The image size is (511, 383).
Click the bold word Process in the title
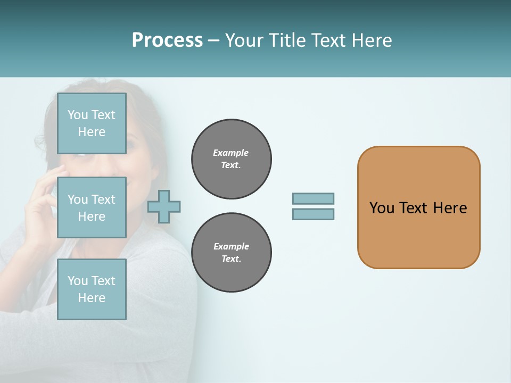click(167, 40)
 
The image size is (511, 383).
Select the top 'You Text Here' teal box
click(92, 123)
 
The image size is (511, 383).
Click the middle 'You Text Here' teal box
click(92, 207)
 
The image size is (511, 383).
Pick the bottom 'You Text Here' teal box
click(92, 289)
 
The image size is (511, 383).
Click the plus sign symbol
click(164, 206)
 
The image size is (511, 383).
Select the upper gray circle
click(231, 159)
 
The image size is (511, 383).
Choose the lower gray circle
click(231, 253)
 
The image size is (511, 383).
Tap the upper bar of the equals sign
click(313, 198)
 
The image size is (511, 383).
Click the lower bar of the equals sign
click(313, 214)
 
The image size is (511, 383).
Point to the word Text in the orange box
click(414, 208)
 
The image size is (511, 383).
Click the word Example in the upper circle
click(230, 153)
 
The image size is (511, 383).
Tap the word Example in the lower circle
click(231, 246)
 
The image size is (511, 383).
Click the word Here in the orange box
click(450, 208)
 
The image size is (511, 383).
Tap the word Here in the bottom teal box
click(92, 298)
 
